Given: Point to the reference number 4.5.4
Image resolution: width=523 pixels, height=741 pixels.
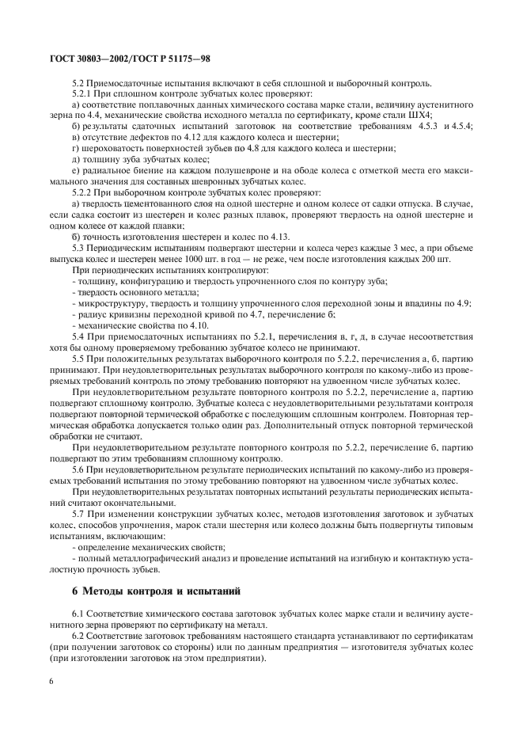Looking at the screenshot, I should coord(462,127).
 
